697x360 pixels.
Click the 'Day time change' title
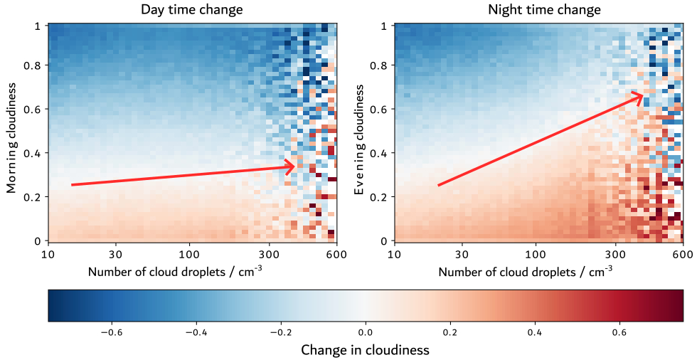[x=192, y=10]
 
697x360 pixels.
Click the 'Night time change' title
[x=544, y=10]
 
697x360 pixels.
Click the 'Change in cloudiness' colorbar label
[x=366, y=350]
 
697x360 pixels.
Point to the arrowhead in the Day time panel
[x=292, y=167]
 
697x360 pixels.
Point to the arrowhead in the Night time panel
[x=640, y=95]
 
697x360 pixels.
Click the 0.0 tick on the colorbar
[x=366, y=332]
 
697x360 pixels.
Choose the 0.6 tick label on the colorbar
[x=619, y=332]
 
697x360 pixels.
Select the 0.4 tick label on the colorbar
[x=535, y=332]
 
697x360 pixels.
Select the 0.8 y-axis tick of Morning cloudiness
[x=34, y=66]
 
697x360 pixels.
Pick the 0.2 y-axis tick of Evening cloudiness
[x=382, y=197]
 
